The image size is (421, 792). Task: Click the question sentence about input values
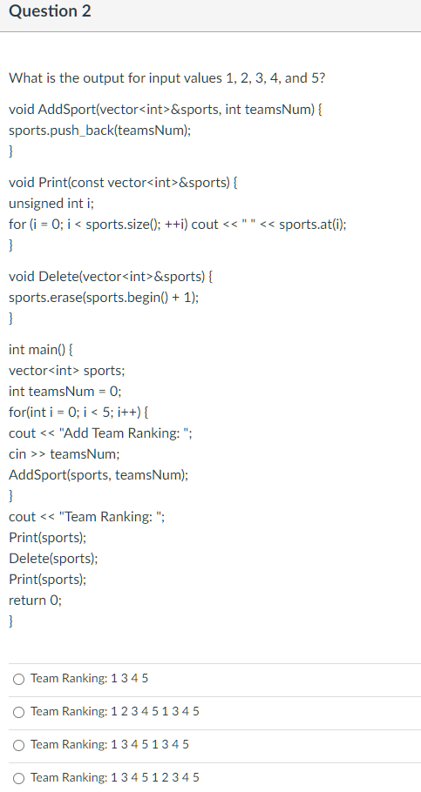click(x=167, y=78)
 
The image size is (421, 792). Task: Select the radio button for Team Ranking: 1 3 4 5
click(x=18, y=678)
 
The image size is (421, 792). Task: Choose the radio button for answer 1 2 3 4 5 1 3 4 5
click(x=18, y=711)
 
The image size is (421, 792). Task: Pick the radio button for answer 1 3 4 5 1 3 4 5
click(x=18, y=744)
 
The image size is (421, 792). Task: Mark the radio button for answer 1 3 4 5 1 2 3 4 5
click(x=18, y=777)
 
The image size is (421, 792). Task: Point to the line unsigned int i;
click(x=44, y=204)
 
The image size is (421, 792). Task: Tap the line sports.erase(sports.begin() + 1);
click(x=104, y=297)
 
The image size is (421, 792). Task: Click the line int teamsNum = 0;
click(x=63, y=392)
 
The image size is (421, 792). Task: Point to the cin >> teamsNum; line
click(x=65, y=454)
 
